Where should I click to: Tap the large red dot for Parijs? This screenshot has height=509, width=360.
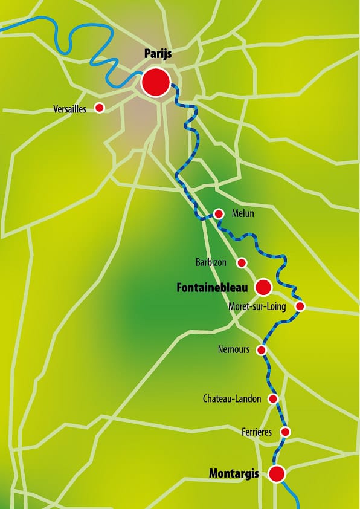156,82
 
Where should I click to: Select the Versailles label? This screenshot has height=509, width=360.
70,109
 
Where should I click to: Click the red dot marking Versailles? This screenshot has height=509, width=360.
100,108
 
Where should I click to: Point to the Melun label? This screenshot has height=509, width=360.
243,214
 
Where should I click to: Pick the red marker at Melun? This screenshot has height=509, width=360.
219,213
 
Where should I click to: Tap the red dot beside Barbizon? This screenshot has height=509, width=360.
242,262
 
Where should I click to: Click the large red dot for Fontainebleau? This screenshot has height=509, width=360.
263,287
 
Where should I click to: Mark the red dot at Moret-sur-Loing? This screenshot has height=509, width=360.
300,306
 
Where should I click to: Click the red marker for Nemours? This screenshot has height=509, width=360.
262,350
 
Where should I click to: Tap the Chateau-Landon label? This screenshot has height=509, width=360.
232,399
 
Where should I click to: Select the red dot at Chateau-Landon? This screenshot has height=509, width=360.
273,399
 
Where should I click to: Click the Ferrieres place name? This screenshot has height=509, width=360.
256,432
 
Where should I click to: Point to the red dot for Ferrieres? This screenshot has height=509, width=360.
286,432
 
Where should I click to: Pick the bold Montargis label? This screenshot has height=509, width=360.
234,474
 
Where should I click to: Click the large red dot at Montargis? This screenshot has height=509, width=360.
277,474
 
